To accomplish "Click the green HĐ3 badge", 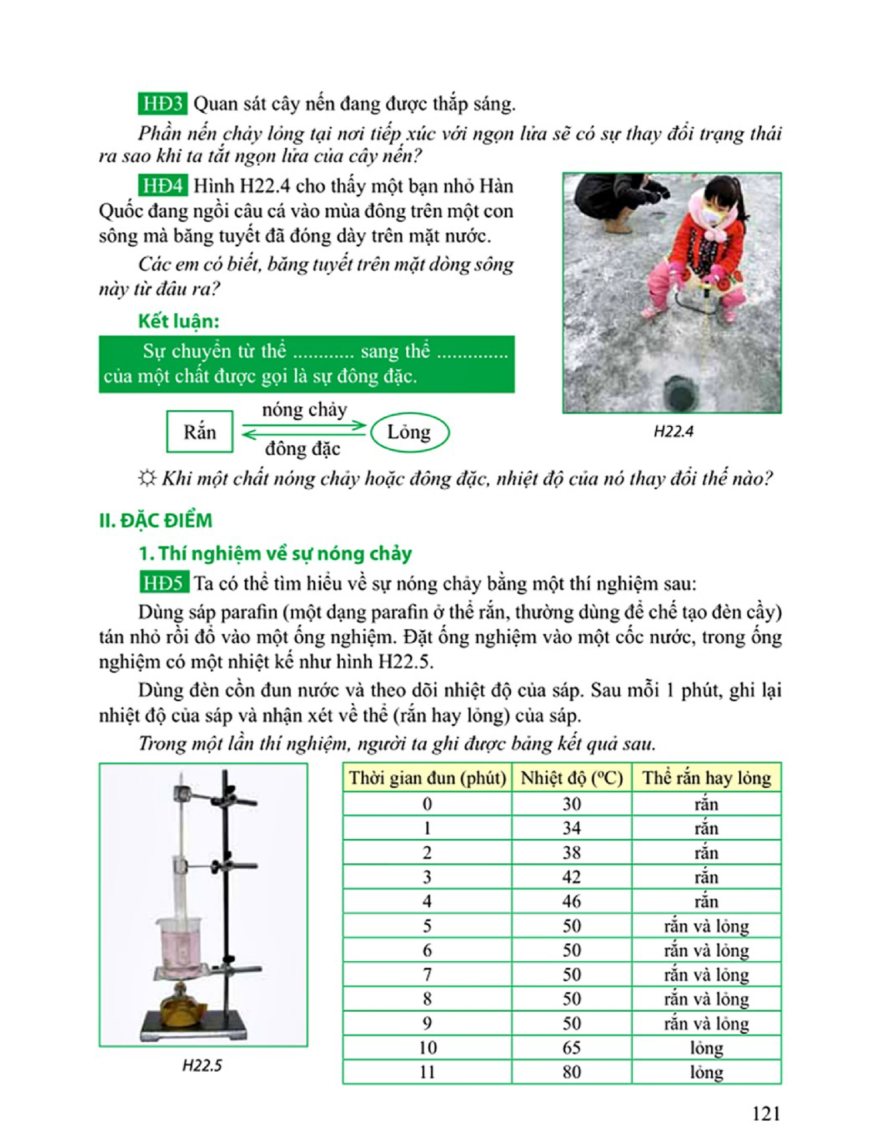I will pos(162,104).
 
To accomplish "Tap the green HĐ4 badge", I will pos(162,186).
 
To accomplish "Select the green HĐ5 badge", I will pos(164,583).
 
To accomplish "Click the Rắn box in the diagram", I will pos(199,432).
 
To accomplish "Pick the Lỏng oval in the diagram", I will pos(410,432).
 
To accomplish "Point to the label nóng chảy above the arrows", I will pos(304,410).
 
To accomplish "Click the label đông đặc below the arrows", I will pos(303,448).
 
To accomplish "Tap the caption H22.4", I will pos(673,432).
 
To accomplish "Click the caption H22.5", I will pos(202,1065).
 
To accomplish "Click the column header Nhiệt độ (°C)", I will pos(571,778).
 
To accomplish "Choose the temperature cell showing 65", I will pos(571,1047).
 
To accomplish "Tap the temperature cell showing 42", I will pos(571,877).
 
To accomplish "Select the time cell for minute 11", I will pos(427,1072).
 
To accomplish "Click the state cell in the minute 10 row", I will pos(706,1047).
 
